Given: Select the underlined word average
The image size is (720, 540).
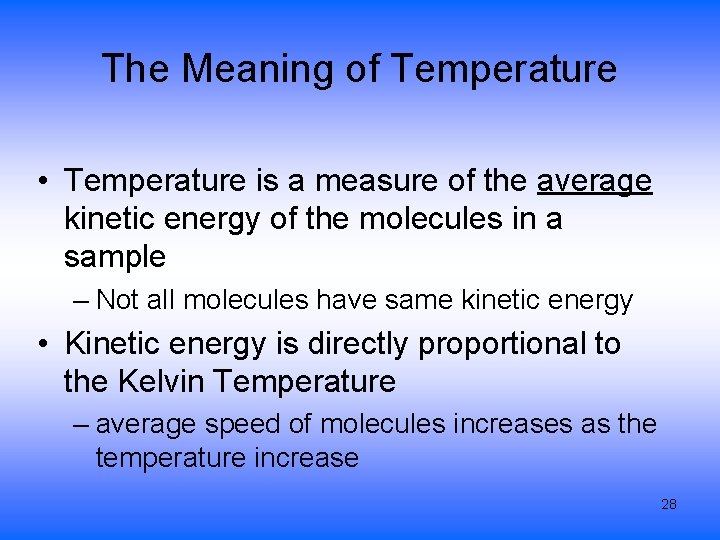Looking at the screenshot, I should tap(595, 182).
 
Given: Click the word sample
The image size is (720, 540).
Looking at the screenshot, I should tap(114, 257).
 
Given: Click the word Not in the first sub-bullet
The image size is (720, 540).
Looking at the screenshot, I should tap(117, 300).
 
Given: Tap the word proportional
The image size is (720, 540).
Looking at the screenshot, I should tap(505, 344).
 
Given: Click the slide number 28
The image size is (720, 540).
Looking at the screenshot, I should tap(669, 504).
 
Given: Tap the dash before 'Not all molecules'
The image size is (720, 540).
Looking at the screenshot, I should tap(82, 301).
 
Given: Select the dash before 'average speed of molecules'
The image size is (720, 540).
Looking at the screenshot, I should tap(82, 425).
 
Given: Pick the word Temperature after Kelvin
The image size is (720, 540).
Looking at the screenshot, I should tap(305, 382).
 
